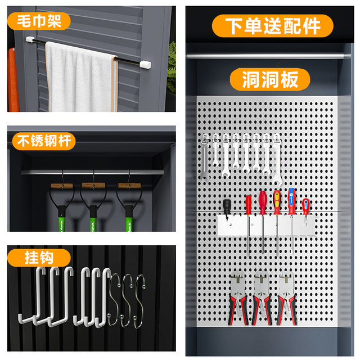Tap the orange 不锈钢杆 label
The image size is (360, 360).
[x=43, y=141]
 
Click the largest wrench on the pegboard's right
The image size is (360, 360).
[x=275, y=160]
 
